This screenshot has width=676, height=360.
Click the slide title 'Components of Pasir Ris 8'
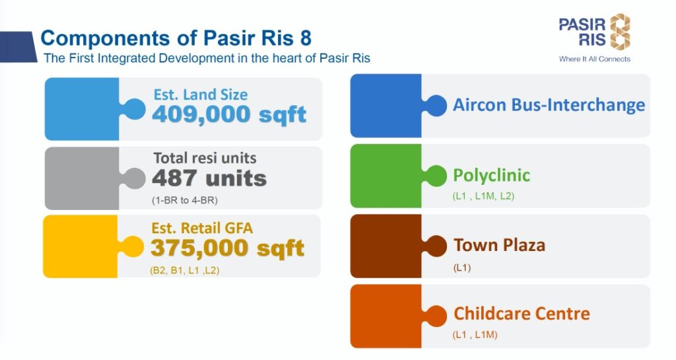(176, 36)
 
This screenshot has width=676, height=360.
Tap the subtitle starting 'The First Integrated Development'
(207, 58)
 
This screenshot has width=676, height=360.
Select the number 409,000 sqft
(229, 114)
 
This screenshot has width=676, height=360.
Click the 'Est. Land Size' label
(200, 94)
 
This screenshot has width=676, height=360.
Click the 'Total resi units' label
(205, 159)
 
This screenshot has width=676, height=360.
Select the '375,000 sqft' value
(227, 248)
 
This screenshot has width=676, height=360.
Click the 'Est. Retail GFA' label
(202, 229)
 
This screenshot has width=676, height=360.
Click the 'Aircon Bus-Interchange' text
(549, 105)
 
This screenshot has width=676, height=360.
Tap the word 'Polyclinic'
(491, 176)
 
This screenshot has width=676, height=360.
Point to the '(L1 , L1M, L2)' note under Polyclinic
(483, 196)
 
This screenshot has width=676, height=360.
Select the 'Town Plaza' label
(499, 246)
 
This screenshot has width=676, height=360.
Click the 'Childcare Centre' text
(522, 313)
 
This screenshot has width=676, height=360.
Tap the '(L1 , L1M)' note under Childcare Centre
(475, 335)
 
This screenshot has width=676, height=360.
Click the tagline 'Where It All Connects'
(594, 59)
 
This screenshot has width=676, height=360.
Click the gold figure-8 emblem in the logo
(619, 32)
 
